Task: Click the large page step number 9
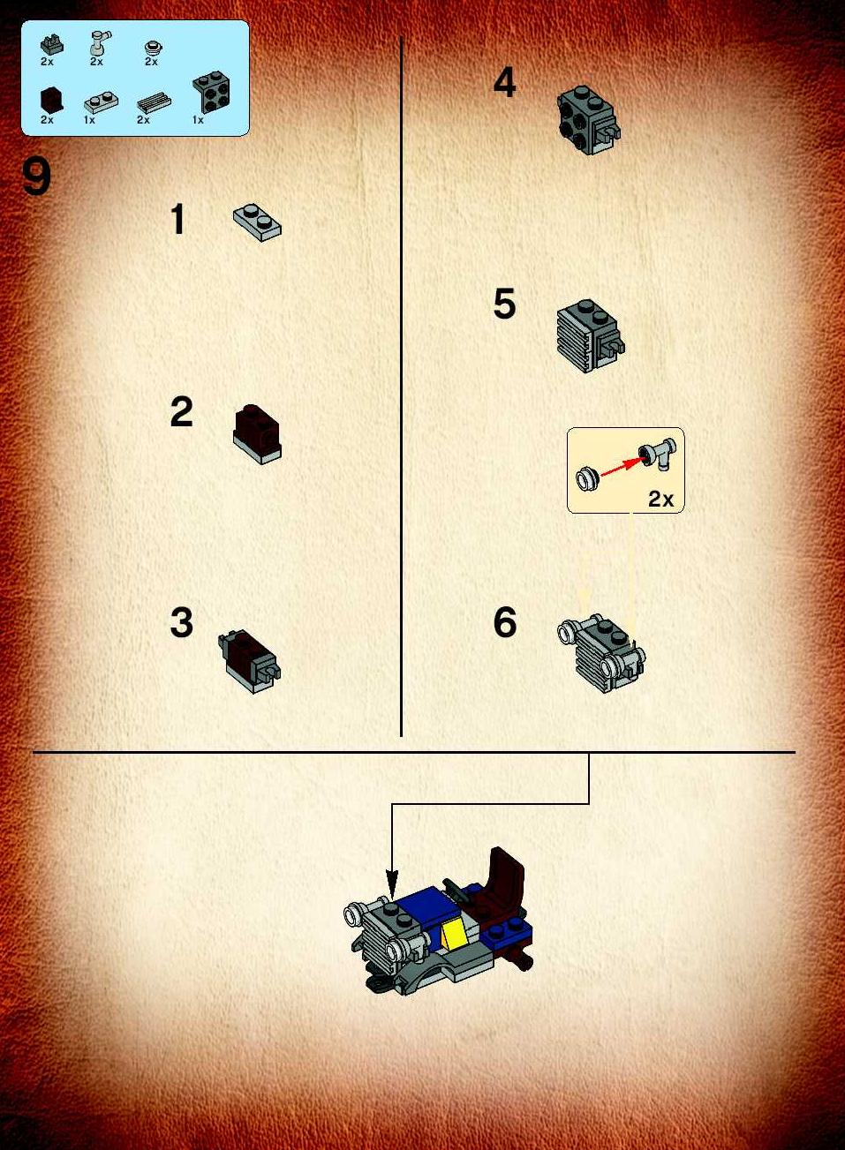36,177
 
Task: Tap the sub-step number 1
177,219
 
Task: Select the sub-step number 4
504,83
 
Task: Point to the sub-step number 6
504,621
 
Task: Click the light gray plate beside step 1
257,222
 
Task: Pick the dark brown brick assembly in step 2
257,434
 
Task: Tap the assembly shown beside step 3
250,661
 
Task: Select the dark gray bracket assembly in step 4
589,120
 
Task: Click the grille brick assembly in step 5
591,335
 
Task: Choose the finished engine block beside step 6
601,653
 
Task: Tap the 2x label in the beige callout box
660,499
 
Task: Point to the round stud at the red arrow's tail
586,478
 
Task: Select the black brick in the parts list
51,100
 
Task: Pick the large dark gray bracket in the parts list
211,93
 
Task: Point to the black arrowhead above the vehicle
391,884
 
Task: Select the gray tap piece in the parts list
100,42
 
